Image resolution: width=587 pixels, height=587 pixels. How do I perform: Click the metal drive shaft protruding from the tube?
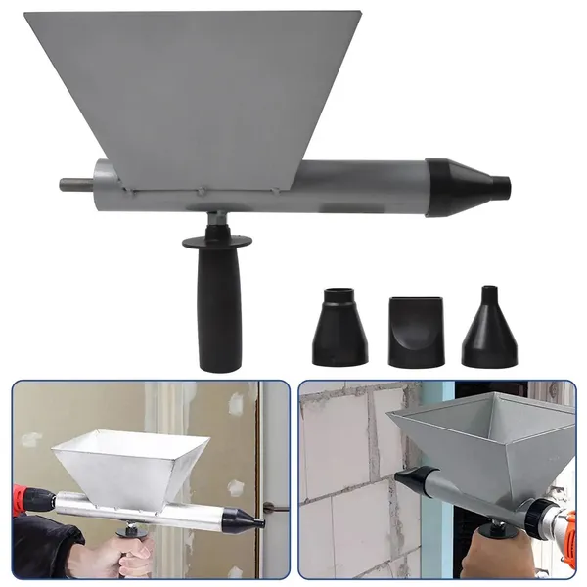point(74,184)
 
